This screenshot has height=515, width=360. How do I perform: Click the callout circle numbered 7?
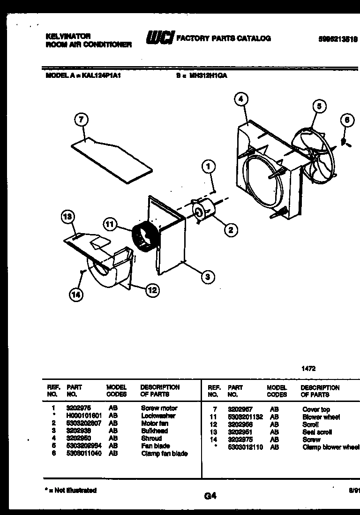pyautogui.click(x=81, y=121)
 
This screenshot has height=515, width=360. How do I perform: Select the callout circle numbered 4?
pyautogui.click(x=240, y=99)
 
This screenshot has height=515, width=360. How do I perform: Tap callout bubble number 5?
pyautogui.click(x=318, y=106)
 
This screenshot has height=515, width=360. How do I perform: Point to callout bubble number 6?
pyautogui.click(x=347, y=121)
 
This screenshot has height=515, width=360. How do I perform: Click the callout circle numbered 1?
pyautogui.click(x=209, y=165)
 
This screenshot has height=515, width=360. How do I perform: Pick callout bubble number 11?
pyautogui.click(x=109, y=224)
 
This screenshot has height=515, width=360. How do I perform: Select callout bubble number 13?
pyautogui.click(x=68, y=217)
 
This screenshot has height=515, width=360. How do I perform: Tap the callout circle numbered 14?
pyautogui.click(x=75, y=294)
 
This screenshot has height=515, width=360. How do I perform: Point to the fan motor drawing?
pyautogui.click(x=204, y=210)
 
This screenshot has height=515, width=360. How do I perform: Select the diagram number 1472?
pyautogui.click(x=308, y=369)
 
